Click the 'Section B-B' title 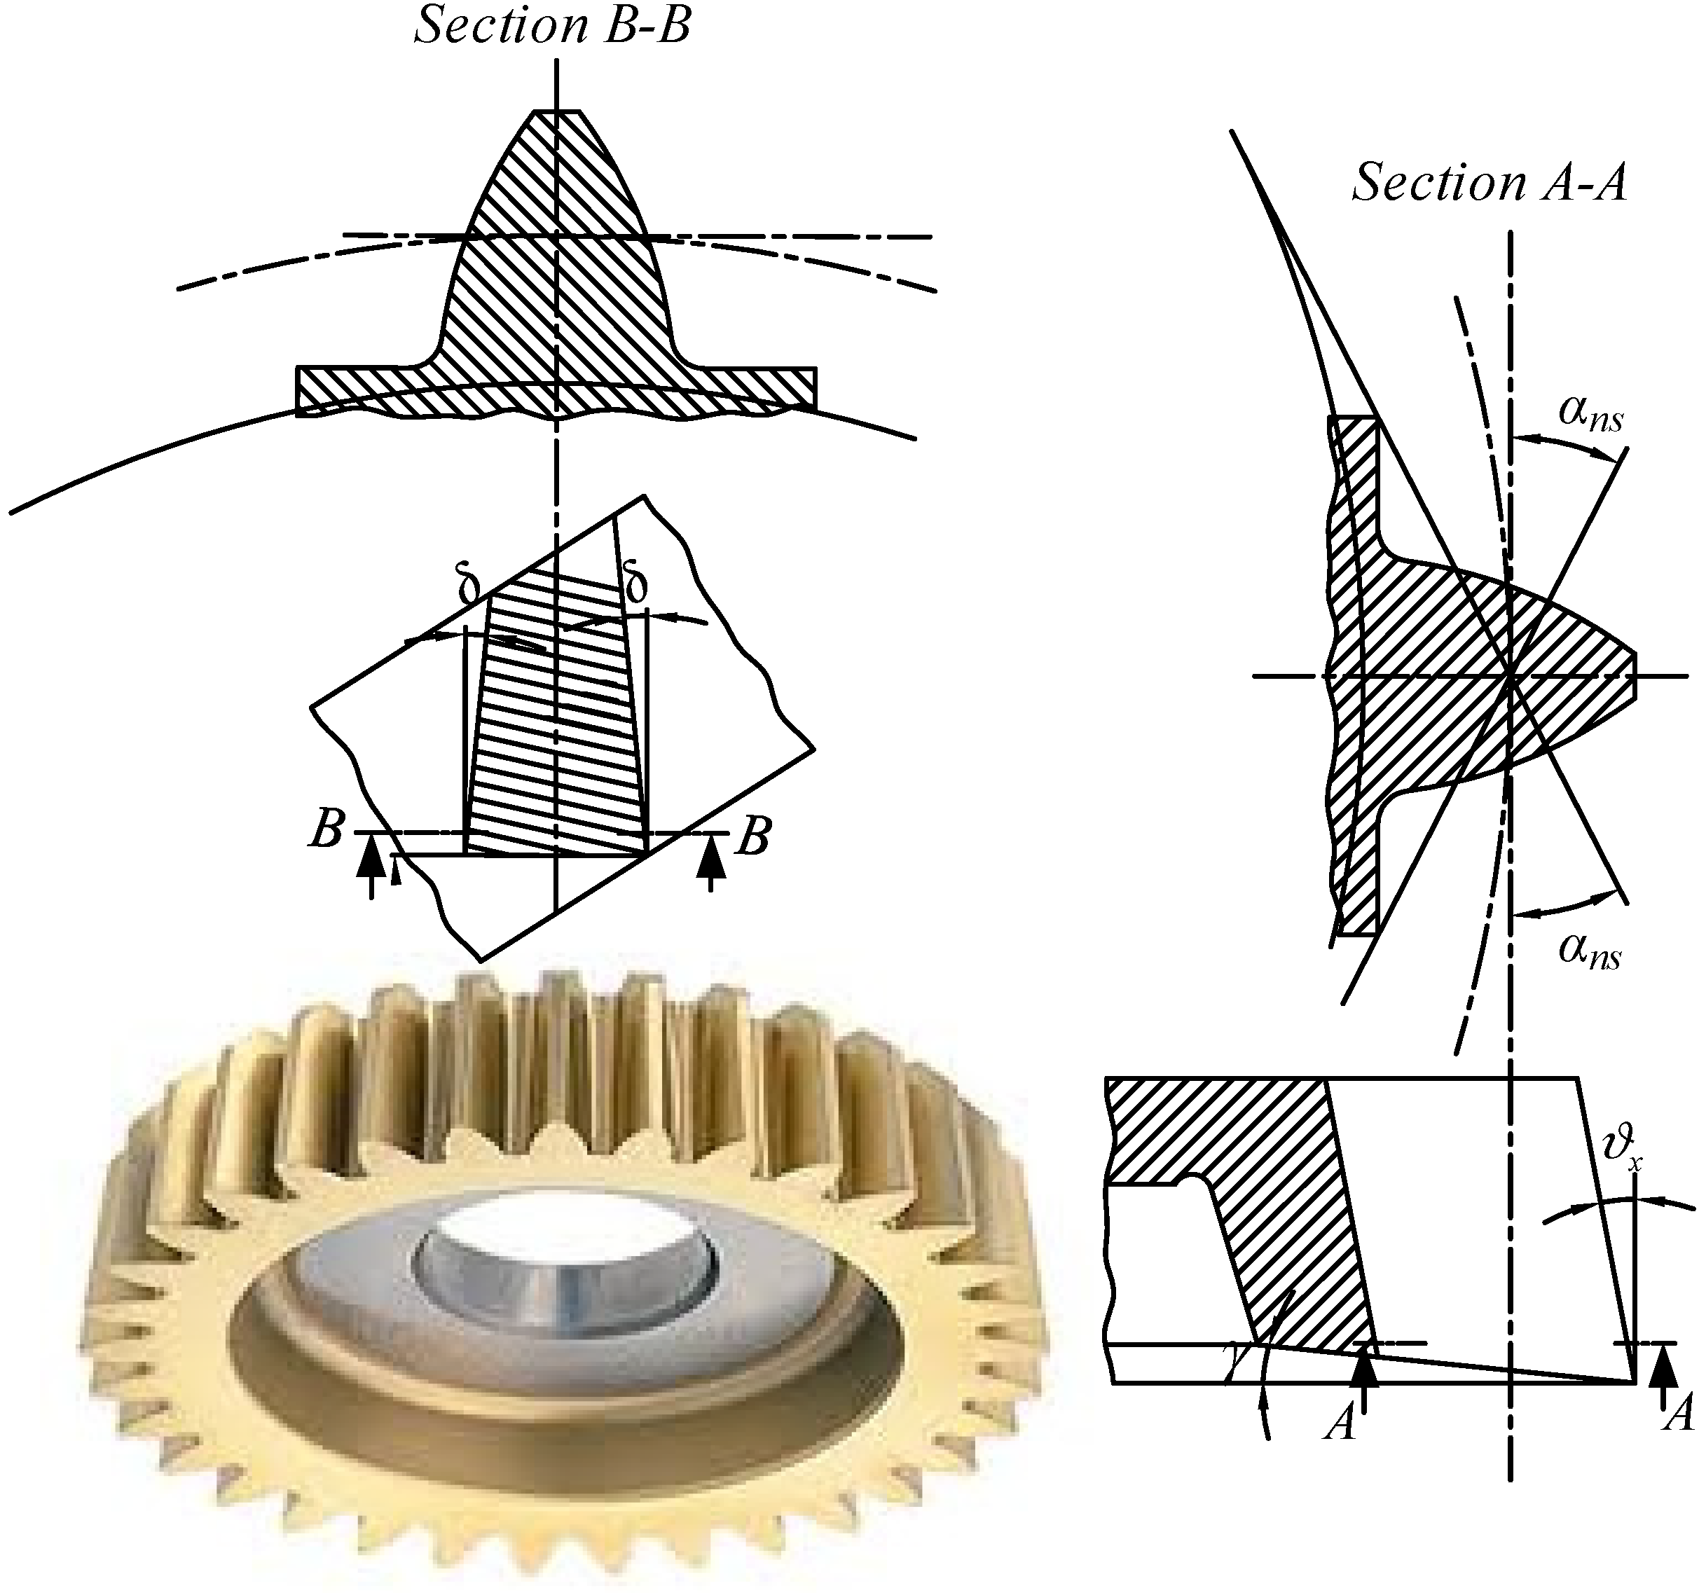click(552, 26)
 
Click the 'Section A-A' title click(1489, 182)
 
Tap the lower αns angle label click(1589, 951)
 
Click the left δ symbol click(469, 587)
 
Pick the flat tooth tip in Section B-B click(556, 111)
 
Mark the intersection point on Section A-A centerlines click(1511, 676)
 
